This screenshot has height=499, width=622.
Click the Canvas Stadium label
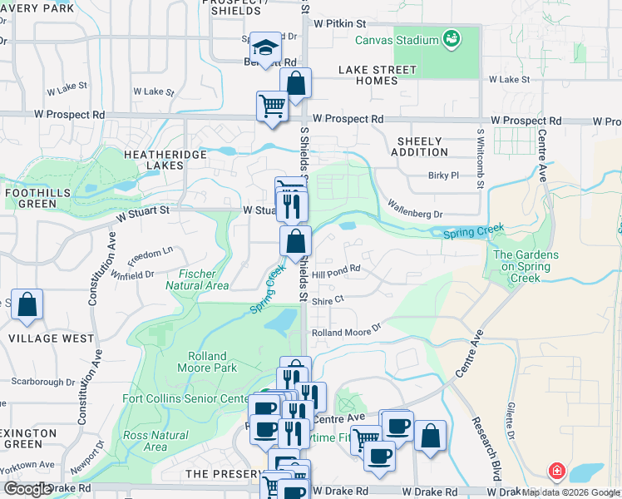pyautogui.click(x=396, y=40)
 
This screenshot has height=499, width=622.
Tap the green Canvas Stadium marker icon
pyautogui.click(x=452, y=38)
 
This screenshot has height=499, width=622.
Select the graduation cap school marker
pyautogui.click(x=264, y=49)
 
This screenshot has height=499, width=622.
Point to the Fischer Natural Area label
pyautogui.click(x=197, y=279)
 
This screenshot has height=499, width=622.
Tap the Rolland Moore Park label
pyautogui.click(x=207, y=362)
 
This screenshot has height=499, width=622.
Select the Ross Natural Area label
pyautogui.click(x=155, y=441)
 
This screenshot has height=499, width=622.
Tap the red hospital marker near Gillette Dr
pyautogui.click(x=556, y=471)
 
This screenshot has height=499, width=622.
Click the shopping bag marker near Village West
pyautogui.click(x=27, y=305)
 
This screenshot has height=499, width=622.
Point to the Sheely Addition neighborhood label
pyautogui.click(x=419, y=146)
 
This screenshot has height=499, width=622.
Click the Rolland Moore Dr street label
pyautogui.click(x=345, y=332)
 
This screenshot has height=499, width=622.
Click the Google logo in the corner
pyautogui.click(x=27, y=489)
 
